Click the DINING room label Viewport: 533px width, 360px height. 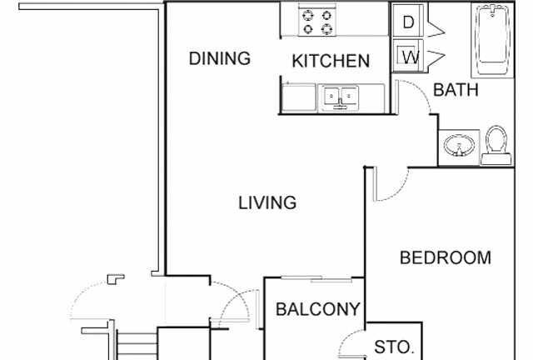coord(220,58)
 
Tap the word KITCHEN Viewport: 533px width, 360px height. coord(331,61)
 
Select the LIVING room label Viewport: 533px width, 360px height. coord(268,202)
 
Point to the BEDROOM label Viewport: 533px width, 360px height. coord(446,257)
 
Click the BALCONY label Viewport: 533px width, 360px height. coord(318,309)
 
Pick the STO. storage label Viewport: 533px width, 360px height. coord(393,347)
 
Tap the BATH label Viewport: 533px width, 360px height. coord(456,90)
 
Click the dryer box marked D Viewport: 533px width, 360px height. coord(408,22)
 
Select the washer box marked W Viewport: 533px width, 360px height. coord(408,57)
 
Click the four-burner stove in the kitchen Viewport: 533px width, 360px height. coord(317,21)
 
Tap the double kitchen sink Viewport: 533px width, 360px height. coord(340,97)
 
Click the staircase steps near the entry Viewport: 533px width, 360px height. coord(137,344)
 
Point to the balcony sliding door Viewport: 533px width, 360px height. coord(314,278)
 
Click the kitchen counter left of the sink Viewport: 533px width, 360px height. coord(299,97)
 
